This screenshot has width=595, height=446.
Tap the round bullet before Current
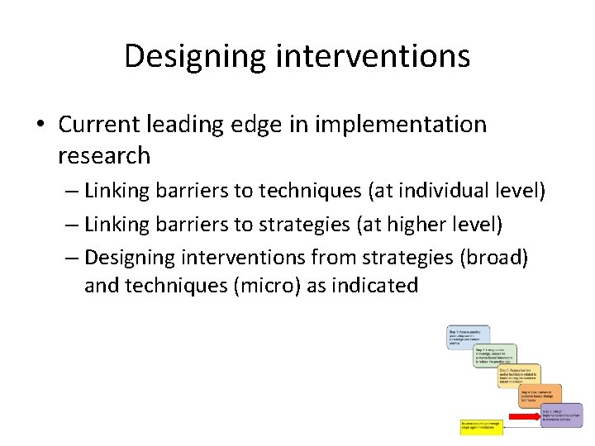tap(40, 126)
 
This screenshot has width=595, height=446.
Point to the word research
tap(104, 155)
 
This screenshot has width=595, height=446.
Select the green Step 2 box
tap(494, 355)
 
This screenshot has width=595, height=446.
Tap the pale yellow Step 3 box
tap(519, 375)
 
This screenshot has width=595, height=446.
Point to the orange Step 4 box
tap(540, 395)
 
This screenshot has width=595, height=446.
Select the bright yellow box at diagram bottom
tap(481, 427)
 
